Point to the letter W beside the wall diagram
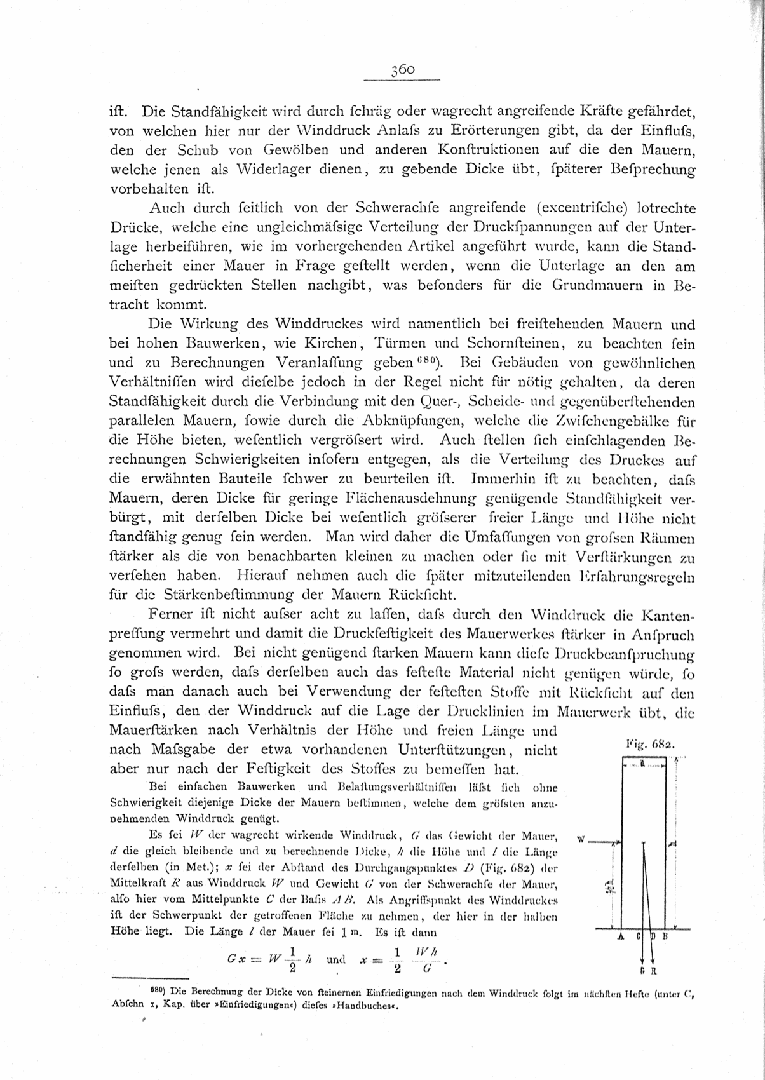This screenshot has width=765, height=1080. tap(580, 839)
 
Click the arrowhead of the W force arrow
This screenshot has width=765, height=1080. tap(613, 843)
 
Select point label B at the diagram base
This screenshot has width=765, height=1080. tap(665, 936)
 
